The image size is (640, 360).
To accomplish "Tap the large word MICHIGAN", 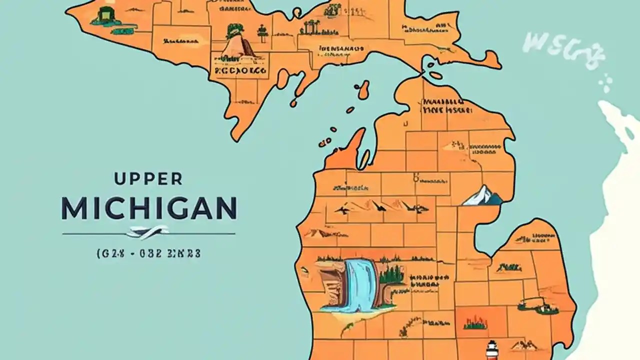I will pos(148,208).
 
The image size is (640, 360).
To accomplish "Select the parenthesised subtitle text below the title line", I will pos(147,253).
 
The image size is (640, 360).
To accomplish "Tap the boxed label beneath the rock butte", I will pos(240,71).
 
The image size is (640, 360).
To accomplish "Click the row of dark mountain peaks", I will pos(382,205).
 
